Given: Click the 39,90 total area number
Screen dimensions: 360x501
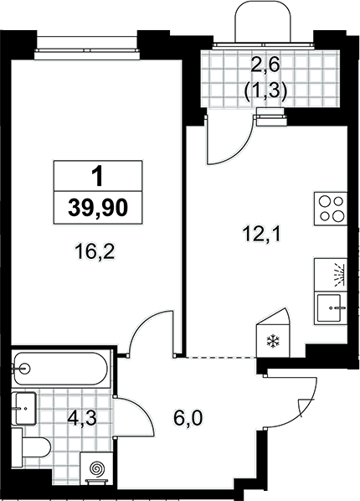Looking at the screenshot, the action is point(98,208).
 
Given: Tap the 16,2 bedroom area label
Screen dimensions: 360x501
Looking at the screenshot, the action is point(95,252).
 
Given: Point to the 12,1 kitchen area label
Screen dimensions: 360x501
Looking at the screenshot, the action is point(261,235).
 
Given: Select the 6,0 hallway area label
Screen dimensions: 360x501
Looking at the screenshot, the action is point(188,418).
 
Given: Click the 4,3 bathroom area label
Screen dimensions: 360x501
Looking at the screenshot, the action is point(82,419).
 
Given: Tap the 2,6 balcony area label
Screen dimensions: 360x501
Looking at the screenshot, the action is point(265,66).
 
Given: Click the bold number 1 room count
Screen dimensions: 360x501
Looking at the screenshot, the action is point(97,177).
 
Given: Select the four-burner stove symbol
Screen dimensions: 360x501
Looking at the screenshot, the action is point(331,209).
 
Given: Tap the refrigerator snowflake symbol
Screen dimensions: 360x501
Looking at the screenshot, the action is point(273,341).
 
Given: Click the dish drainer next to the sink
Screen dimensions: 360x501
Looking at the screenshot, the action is point(331,275).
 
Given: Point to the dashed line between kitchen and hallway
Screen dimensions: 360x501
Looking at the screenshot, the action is point(221,358).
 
